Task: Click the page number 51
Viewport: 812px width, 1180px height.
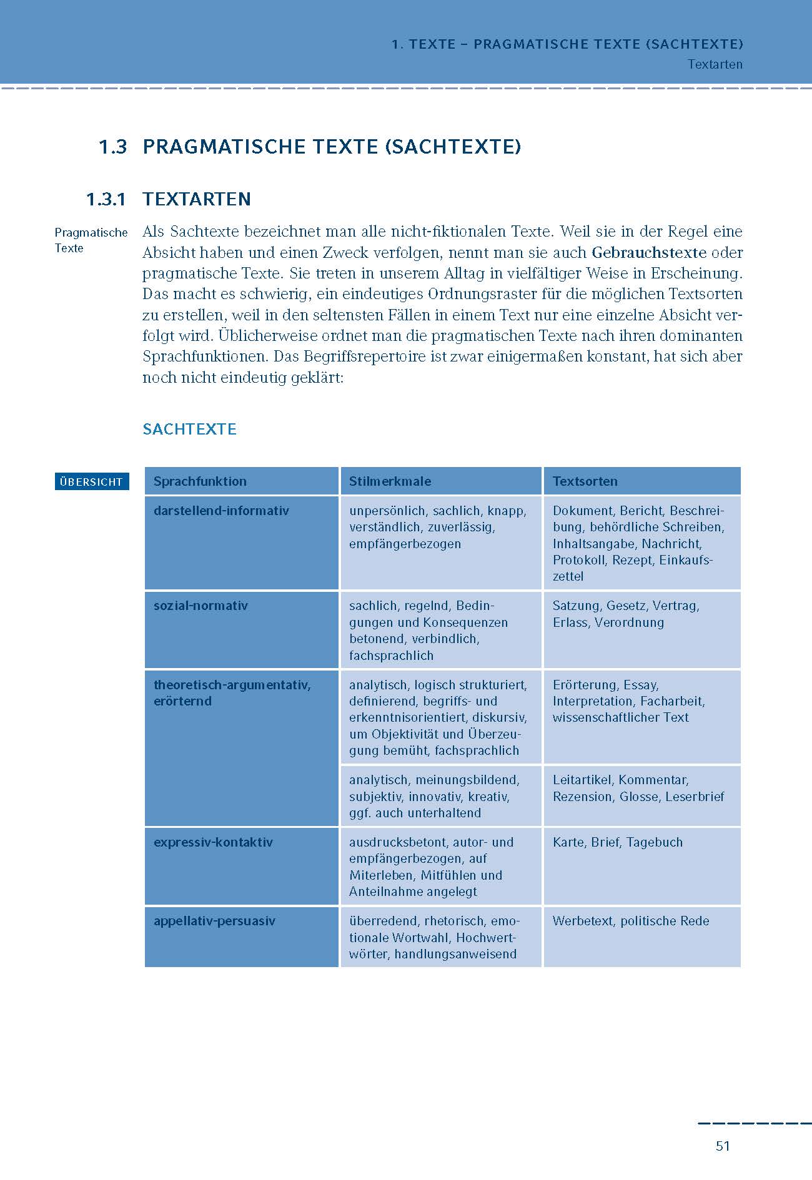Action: pyautogui.click(x=723, y=1146)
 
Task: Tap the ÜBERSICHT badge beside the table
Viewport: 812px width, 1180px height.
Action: pyautogui.click(x=91, y=481)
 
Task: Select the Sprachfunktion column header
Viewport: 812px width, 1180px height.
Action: pyautogui.click(x=200, y=481)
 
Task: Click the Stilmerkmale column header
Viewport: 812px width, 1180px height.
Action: pyautogui.click(x=390, y=481)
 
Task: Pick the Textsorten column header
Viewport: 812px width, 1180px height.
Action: pyautogui.click(x=585, y=481)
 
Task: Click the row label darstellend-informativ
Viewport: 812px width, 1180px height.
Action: pyautogui.click(x=221, y=511)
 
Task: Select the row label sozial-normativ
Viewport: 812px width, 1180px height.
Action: pyautogui.click(x=201, y=606)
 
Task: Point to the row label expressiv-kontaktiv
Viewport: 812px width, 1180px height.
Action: pyautogui.click(x=213, y=842)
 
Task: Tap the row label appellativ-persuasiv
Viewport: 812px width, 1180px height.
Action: pyautogui.click(x=214, y=921)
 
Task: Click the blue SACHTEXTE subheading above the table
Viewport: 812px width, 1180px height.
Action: pyautogui.click(x=189, y=430)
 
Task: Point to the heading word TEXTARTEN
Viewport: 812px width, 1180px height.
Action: pyautogui.click(x=197, y=199)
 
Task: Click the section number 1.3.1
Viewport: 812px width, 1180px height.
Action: pyautogui.click(x=106, y=200)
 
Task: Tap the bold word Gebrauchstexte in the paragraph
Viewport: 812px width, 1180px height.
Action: pyautogui.click(x=649, y=253)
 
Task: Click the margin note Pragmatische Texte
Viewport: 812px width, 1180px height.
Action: pyautogui.click(x=91, y=240)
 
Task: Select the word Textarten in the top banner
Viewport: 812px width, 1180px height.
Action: pyautogui.click(x=715, y=64)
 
